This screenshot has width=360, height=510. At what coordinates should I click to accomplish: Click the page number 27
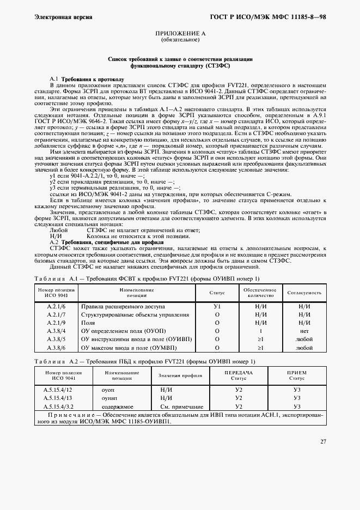pos(323,441)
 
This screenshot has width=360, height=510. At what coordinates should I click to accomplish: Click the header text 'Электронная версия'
pos(63,17)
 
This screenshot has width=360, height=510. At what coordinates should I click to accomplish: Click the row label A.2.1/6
pos(56,307)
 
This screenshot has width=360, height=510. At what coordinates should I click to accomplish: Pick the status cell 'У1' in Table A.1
pos(217,307)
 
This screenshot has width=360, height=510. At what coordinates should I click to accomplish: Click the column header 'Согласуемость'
pos(304,293)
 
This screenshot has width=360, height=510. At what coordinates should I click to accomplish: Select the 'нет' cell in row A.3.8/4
pos(304,331)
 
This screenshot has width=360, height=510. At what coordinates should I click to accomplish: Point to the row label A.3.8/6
pos(56,347)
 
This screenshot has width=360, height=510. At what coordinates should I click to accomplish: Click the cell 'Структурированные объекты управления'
pos(135,315)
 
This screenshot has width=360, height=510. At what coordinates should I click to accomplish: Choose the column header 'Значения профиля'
pos(180,376)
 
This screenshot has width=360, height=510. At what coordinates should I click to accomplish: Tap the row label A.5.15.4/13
pos(58,398)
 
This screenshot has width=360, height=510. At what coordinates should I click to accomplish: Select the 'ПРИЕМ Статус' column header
pos(297,375)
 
